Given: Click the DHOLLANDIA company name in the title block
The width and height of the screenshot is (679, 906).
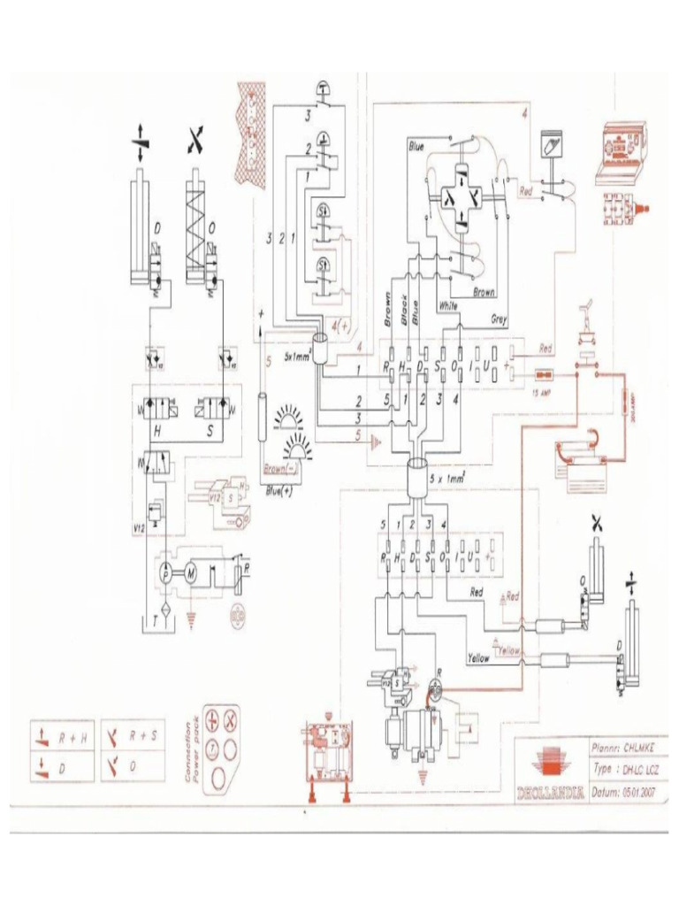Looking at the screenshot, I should coord(550,792).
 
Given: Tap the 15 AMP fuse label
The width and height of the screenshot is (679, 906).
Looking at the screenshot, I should coord(545,391).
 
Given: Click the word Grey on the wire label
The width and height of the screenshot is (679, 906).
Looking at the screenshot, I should coord(500,319).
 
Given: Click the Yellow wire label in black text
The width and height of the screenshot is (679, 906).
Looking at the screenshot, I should coord(477,658).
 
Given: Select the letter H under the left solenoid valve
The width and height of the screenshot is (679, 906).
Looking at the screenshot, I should coord(156,431).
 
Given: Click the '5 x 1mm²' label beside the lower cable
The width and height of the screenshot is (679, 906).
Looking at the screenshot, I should coord(448,478).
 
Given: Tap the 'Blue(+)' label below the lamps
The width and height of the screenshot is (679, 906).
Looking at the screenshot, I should coord(279,489).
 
